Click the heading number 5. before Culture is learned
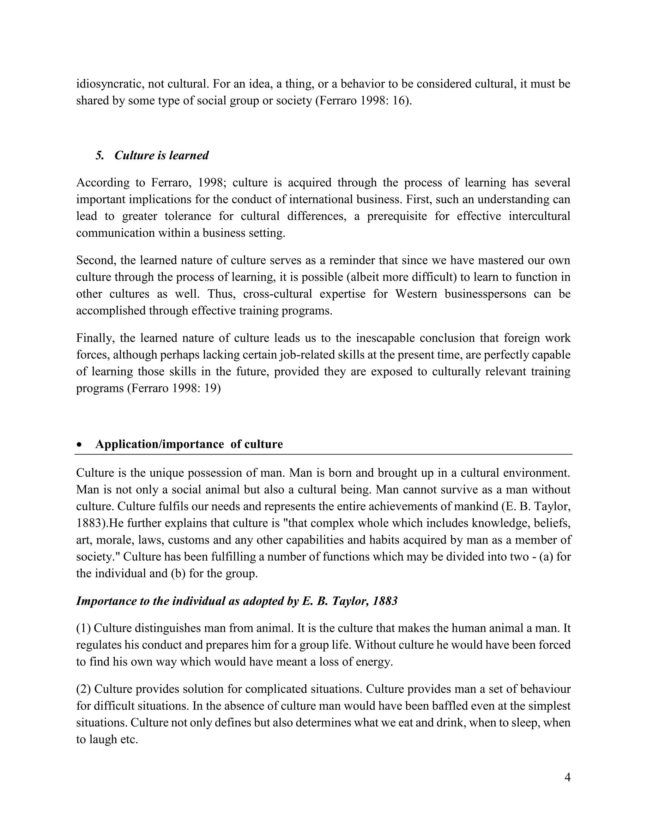100,155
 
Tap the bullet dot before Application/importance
79,445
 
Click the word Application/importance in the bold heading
160,444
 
